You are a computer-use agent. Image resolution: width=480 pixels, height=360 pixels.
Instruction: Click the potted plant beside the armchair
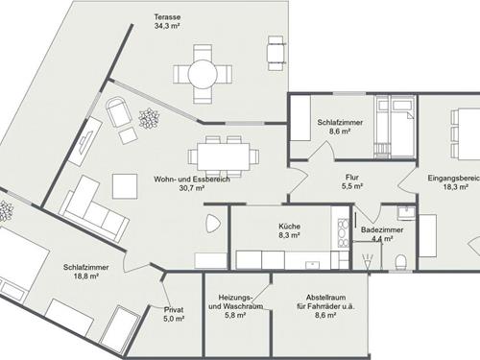(149, 120)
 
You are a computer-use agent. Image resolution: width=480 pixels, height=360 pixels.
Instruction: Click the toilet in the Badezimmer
(401, 260)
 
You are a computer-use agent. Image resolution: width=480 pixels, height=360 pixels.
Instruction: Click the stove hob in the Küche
(341, 227)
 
